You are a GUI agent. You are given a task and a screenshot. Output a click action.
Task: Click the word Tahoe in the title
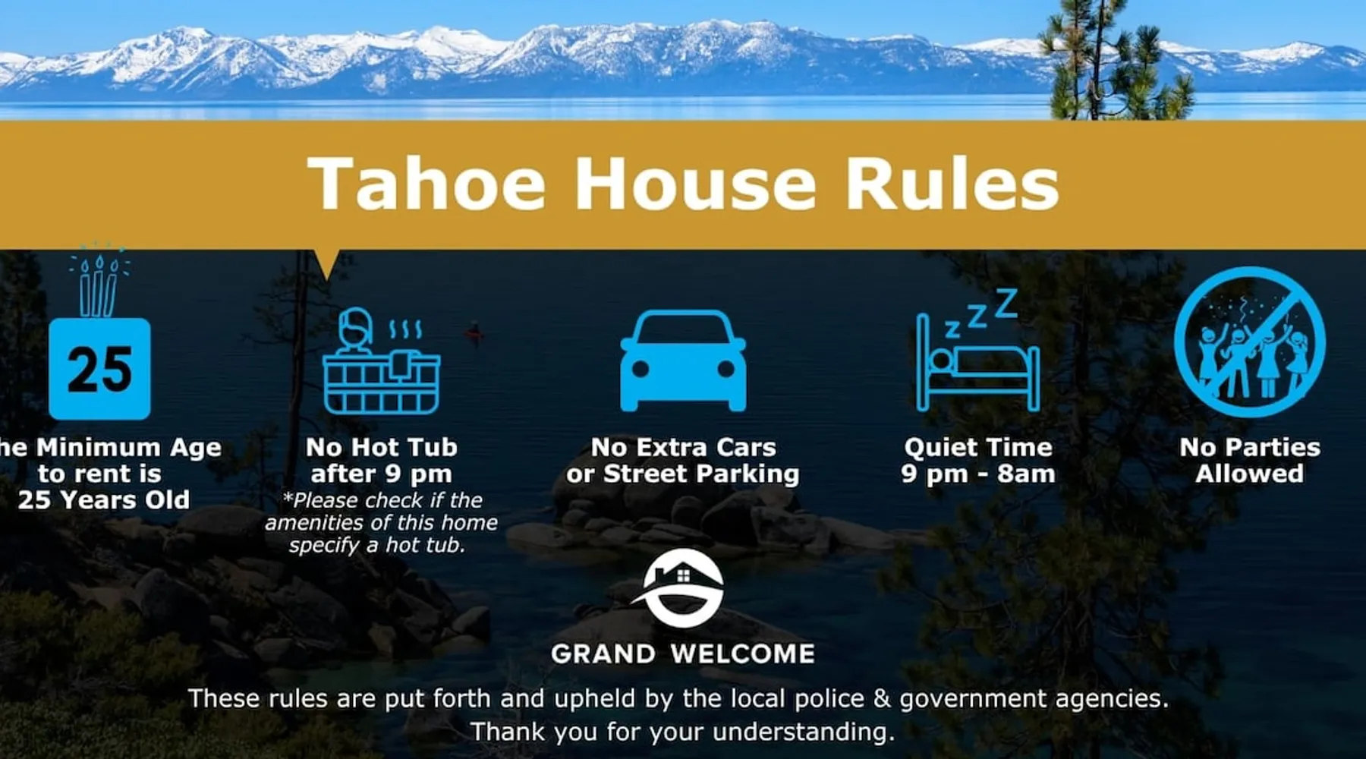[x=426, y=183]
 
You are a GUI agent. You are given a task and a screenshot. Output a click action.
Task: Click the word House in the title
[x=695, y=183]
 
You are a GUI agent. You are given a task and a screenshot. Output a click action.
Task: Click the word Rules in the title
[x=952, y=183]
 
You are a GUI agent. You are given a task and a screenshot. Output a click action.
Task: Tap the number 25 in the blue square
[x=99, y=370]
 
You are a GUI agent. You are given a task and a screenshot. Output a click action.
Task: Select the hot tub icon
[x=382, y=361]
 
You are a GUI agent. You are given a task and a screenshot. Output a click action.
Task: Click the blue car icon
[x=683, y=361]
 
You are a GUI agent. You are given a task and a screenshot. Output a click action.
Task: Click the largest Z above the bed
[x=1006, y=303]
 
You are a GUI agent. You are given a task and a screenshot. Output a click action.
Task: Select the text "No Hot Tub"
[x=382, y=447]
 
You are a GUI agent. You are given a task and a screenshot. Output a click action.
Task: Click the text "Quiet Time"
[x=978, y=447]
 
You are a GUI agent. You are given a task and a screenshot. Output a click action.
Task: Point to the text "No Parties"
[x=1250, y=447]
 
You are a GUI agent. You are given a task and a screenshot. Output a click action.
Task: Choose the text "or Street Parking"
[x=683, y=474]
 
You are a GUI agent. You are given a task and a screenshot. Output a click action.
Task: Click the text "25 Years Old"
[x=104, y=499]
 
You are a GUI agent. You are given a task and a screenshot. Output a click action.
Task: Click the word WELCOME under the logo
[x=743, y=653]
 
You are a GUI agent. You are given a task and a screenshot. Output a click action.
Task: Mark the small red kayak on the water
[x=475, y=332]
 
